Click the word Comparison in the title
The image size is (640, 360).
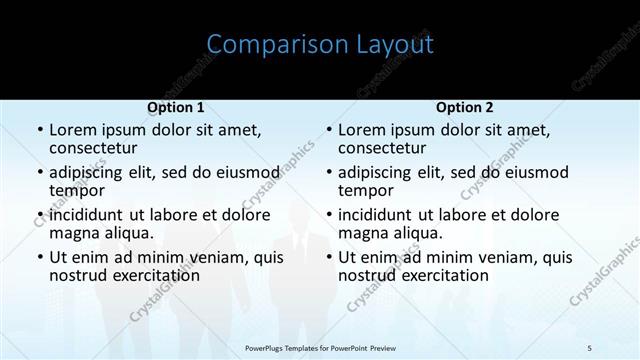tap(266, 45)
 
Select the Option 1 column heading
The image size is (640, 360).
tap(176, 107)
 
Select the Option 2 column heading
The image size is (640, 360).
tap(464, 107)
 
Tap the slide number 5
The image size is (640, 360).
tap(589, 347)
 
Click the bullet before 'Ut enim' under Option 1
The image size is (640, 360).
tap(40, 258)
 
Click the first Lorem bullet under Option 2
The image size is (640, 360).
tap(329, 131)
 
